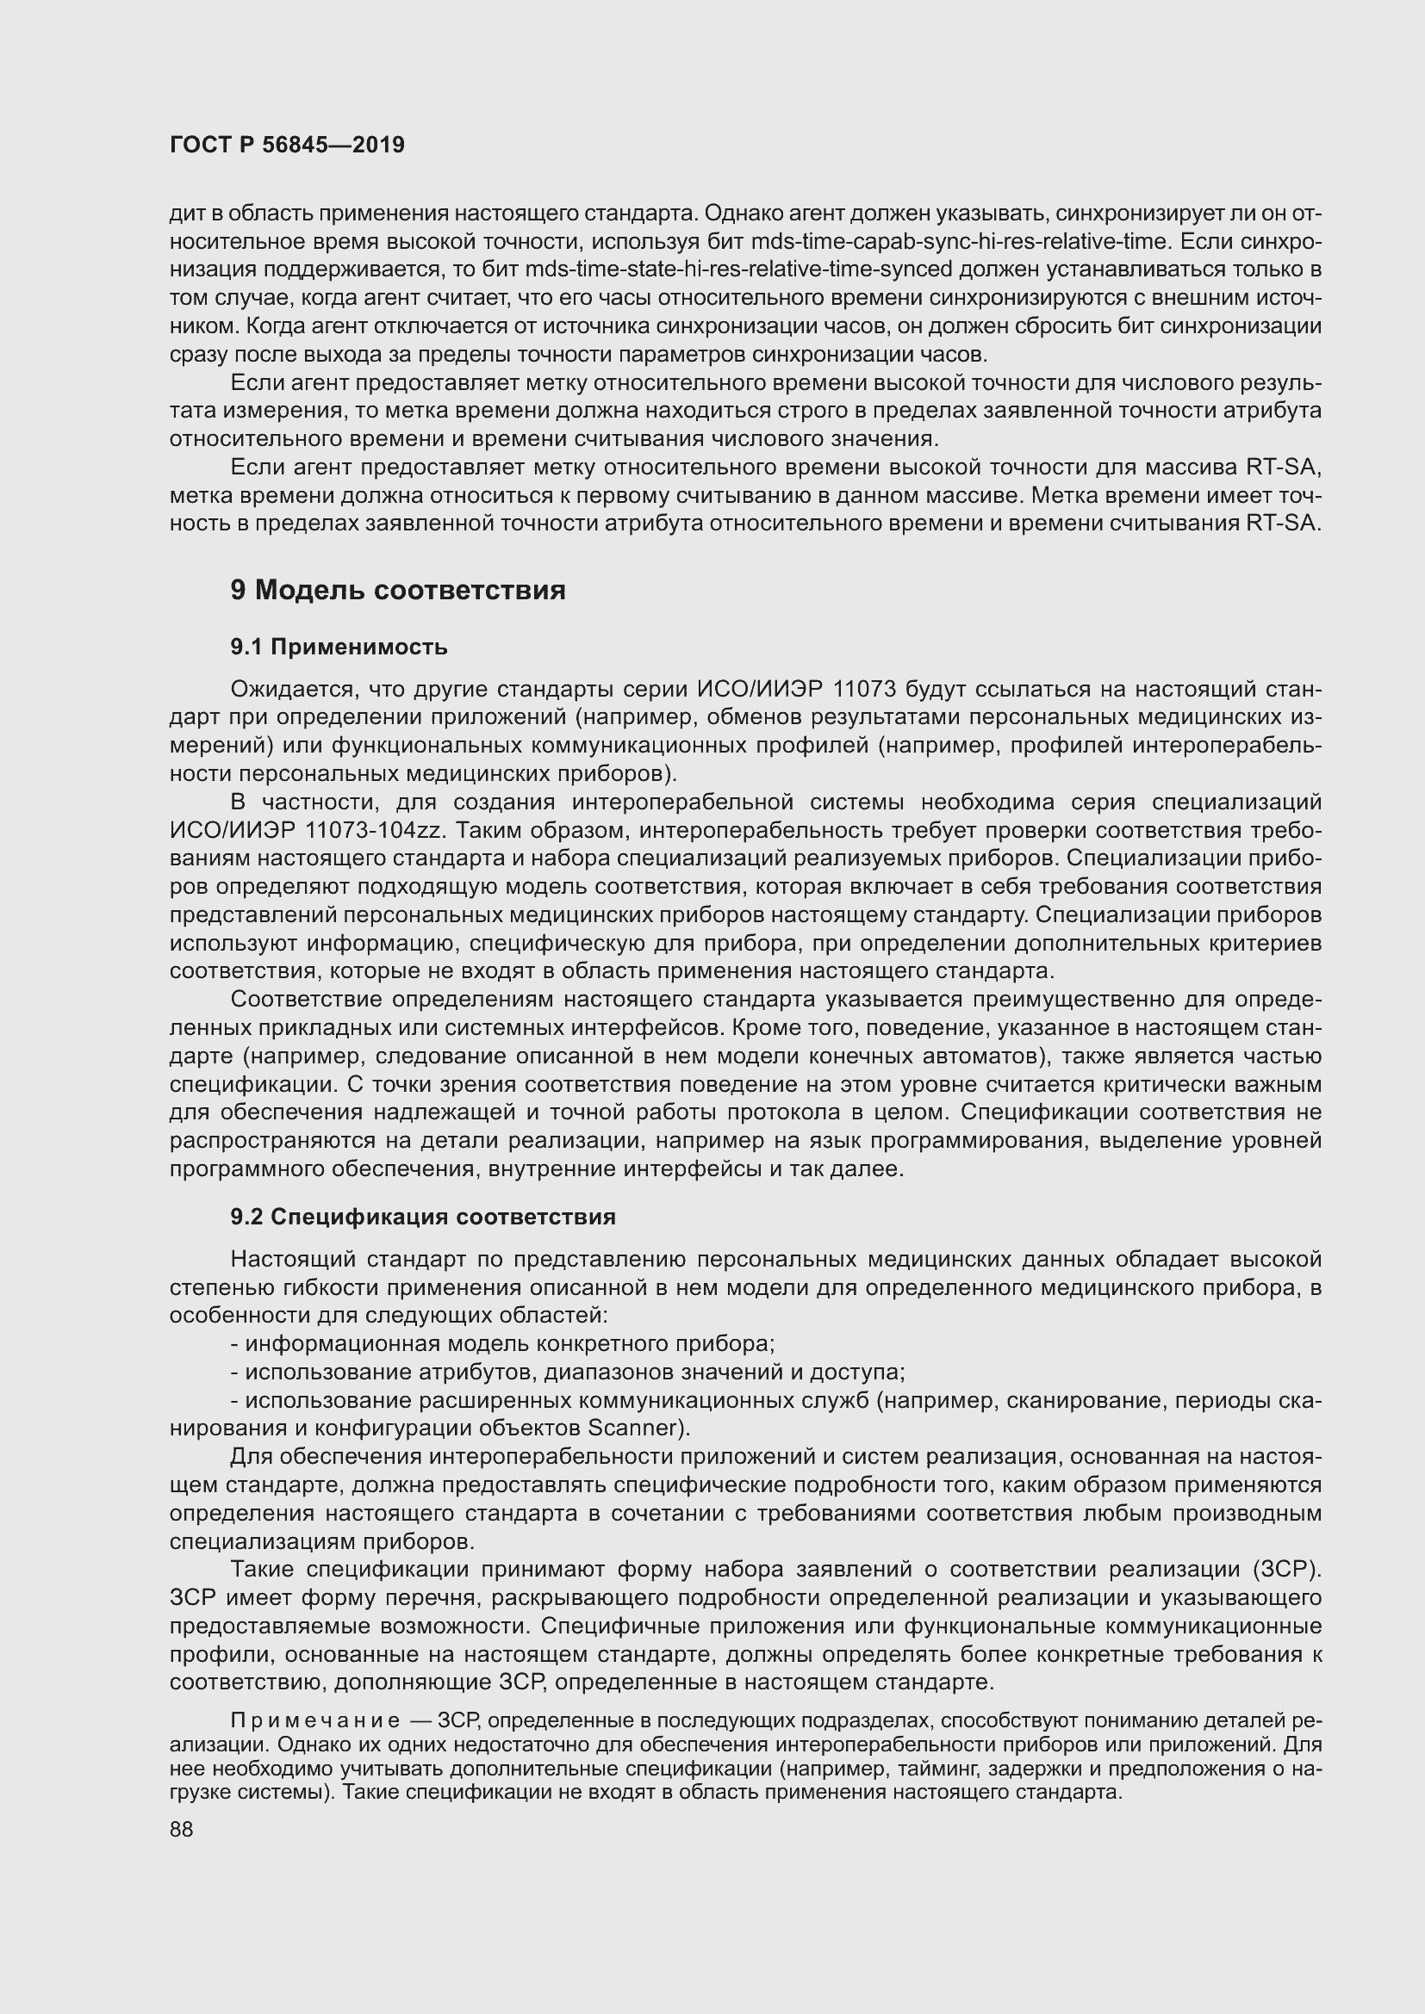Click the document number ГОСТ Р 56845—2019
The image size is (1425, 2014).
click(x=287, y=146)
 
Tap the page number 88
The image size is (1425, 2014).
click(x=182, y=1829)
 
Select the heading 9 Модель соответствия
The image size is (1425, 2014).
click(x=397, y=591)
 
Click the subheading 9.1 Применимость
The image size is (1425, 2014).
click(x=339, y=648)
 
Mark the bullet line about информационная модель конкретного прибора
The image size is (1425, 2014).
click(x=502, y=1344)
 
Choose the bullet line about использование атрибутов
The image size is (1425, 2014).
click(x=567, y=1372)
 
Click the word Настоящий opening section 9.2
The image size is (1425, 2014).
click(x=291, y=1260)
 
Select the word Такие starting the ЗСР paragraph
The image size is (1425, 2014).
click(x=264, y=1570)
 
